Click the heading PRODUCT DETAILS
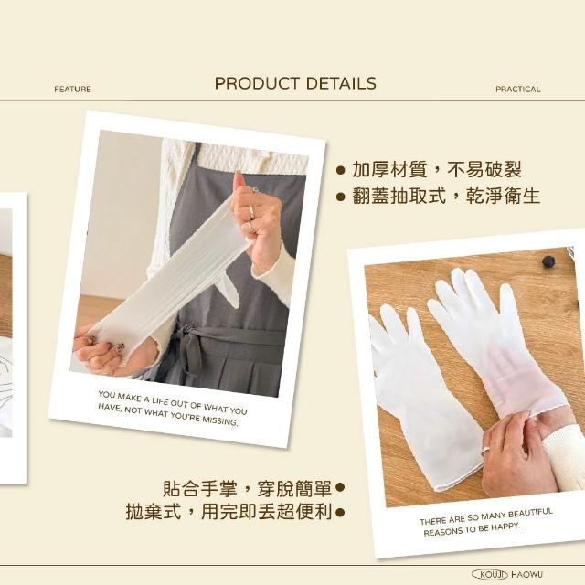[295, 83]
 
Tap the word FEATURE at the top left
[72, 90]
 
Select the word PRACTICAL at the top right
[518, 90]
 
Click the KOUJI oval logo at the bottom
[490, 574]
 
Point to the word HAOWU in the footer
[526, 575]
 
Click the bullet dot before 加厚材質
[340, 171]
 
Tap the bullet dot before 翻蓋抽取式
[340, 197]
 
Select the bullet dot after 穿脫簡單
[340, 487]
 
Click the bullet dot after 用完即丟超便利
[340, 513]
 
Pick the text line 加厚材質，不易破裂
[437, 170]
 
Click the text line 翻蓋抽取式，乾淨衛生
[446, 196]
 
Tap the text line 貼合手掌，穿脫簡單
[248, 488]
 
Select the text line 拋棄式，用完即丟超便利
[229, 512]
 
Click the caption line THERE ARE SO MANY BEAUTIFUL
[485, 516]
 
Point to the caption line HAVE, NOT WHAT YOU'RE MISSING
[168, 414]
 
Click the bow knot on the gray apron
[190, 349]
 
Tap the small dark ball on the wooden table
[548, 261]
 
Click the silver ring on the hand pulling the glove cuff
[486, 450]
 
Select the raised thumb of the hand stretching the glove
[239, 180]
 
